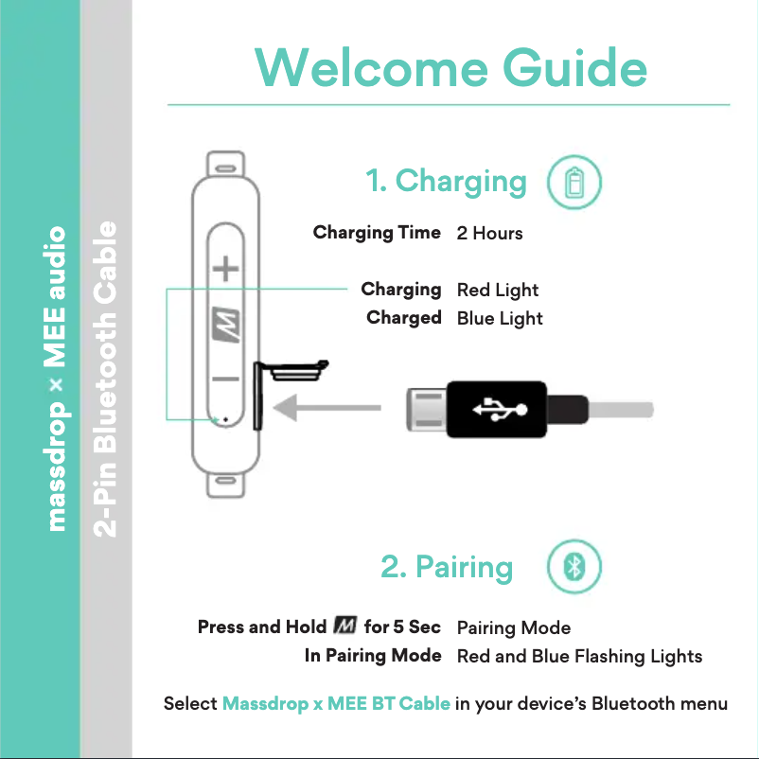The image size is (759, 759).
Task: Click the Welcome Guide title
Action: pos(450,68)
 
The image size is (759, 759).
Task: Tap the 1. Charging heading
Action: pos(446,180)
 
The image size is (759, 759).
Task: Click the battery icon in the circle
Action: pos(574,182)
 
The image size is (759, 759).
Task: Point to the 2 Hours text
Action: pos(489,233)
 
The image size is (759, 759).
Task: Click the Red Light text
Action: pos(497,290)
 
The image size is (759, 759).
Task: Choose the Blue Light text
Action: pos(500,318)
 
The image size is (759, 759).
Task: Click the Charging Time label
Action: pos(377,232)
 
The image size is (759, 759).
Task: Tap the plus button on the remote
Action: pos(224,270)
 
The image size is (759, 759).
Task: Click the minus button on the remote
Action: pos(224,379)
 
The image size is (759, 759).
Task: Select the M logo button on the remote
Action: pos(224,325)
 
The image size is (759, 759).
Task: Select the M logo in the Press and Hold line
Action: pos(344,627)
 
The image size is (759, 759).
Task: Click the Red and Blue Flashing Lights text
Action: pos(579,656)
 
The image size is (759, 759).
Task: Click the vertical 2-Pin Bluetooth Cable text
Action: pos(107,379)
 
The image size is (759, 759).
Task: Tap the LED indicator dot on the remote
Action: pos(224,418)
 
